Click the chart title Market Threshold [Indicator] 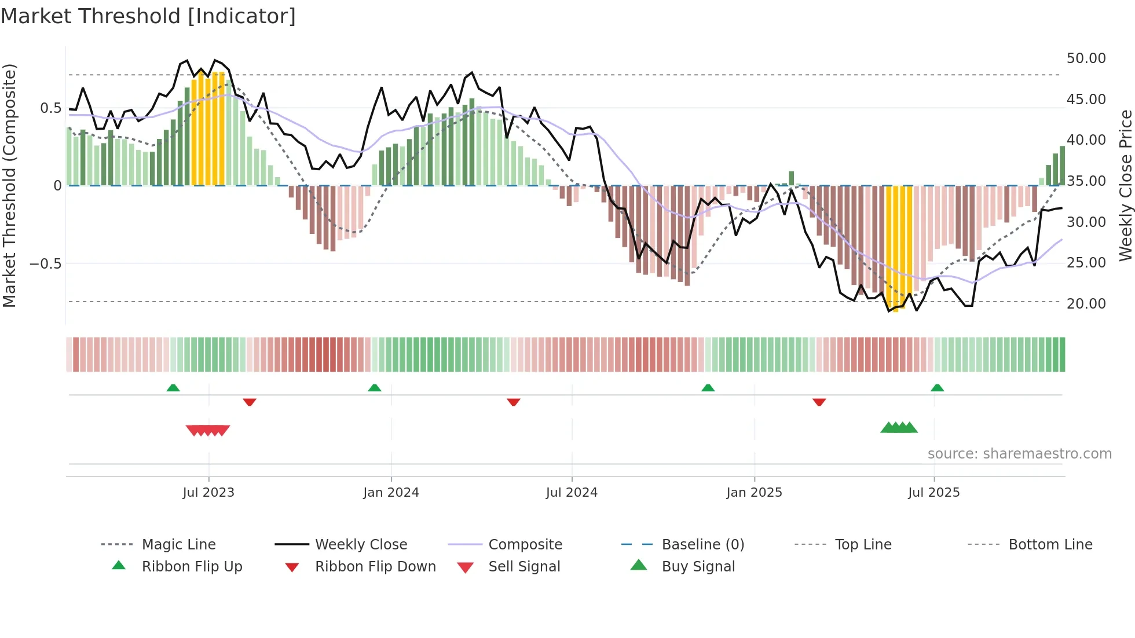point(148,16)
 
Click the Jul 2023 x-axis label point(208,493)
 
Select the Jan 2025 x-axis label point(754,493)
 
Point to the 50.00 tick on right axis point(1086,58)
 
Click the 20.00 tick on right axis point(1086,303)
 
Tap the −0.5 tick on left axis point(45,264)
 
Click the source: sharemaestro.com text point(1019,454)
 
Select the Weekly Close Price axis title point(1125,185)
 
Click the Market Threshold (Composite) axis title point(9,185)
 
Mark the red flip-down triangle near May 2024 point(513,402)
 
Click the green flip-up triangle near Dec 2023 point(375,388)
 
